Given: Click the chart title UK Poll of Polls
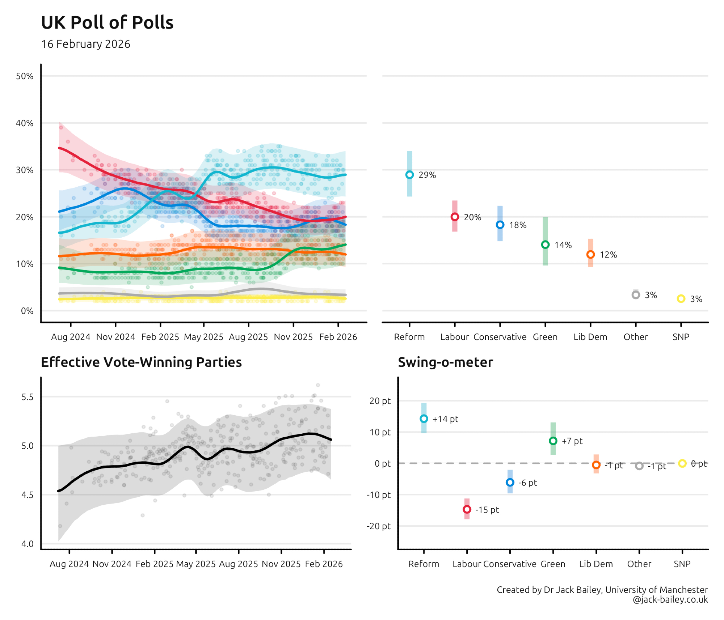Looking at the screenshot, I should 107,22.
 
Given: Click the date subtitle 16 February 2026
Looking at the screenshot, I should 85,44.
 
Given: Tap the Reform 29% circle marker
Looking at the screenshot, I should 409,175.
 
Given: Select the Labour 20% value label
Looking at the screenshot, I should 472,217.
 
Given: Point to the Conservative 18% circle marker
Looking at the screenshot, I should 500,225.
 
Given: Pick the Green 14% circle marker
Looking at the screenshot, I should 545,245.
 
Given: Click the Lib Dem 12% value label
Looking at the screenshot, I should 608,255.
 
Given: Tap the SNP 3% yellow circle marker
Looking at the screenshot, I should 681,298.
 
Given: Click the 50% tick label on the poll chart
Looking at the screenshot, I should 25,76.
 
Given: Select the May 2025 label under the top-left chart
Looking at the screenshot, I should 203,337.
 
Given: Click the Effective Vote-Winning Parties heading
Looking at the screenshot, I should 141,362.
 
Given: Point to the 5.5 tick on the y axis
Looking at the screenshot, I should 28,397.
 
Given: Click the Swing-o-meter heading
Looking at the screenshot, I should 445,362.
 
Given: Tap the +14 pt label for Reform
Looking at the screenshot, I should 445,419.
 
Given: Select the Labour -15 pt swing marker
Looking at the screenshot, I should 467,509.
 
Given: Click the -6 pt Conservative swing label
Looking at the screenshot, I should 527,483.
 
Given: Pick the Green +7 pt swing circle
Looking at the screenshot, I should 553,441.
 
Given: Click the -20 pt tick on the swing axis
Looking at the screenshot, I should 379,526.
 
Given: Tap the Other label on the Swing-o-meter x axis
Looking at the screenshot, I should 639,564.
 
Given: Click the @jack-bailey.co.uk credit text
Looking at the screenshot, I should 670,599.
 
